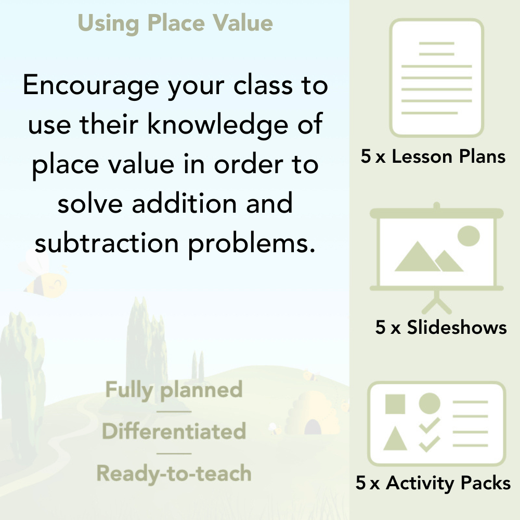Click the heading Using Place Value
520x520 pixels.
pos(175,23)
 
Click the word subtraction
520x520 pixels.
pos(107,243)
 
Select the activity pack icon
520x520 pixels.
pos(437,424)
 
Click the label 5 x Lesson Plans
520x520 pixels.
pos(433,157)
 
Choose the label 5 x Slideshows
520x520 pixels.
pos(441,327)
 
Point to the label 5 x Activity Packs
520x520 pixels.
pos(433,484)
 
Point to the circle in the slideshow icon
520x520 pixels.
pos(469,235)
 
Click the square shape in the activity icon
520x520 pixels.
pos(395,404)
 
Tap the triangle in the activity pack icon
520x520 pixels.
pos(395,439)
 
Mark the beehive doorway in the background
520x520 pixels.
pos(312,427)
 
